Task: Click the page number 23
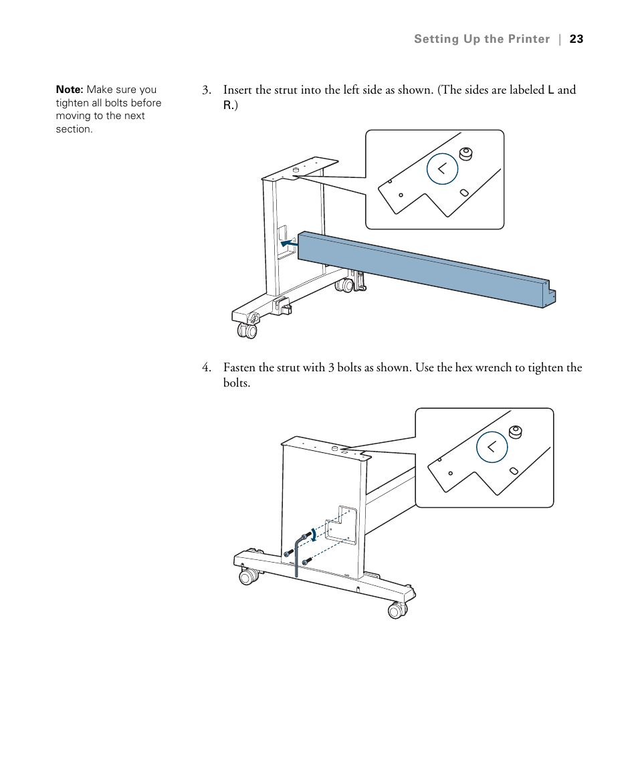tap(576, 39)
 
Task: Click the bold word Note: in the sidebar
tap(70, 90)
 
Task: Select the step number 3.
tap(207, 90)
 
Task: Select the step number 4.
tap(207, 368)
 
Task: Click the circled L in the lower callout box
tap(492, 447)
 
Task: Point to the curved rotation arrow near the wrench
tap(312, 534)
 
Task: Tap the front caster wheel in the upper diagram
tap(248, 330)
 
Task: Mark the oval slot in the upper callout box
tap(465, 193)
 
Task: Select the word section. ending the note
tap(74, 129)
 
